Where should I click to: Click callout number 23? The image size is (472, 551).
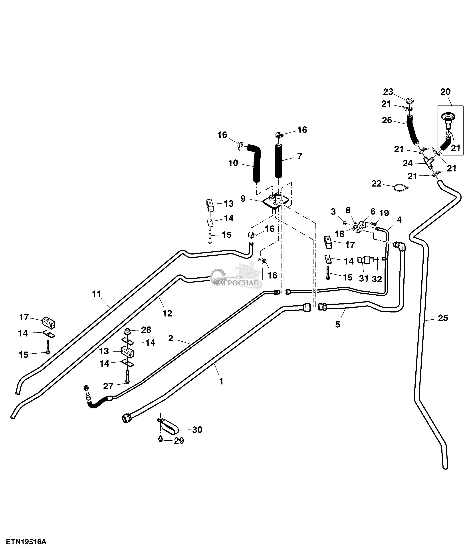(388, 92)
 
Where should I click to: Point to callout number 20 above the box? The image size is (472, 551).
(445, 92)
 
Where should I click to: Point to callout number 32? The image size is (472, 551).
(377, 279)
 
